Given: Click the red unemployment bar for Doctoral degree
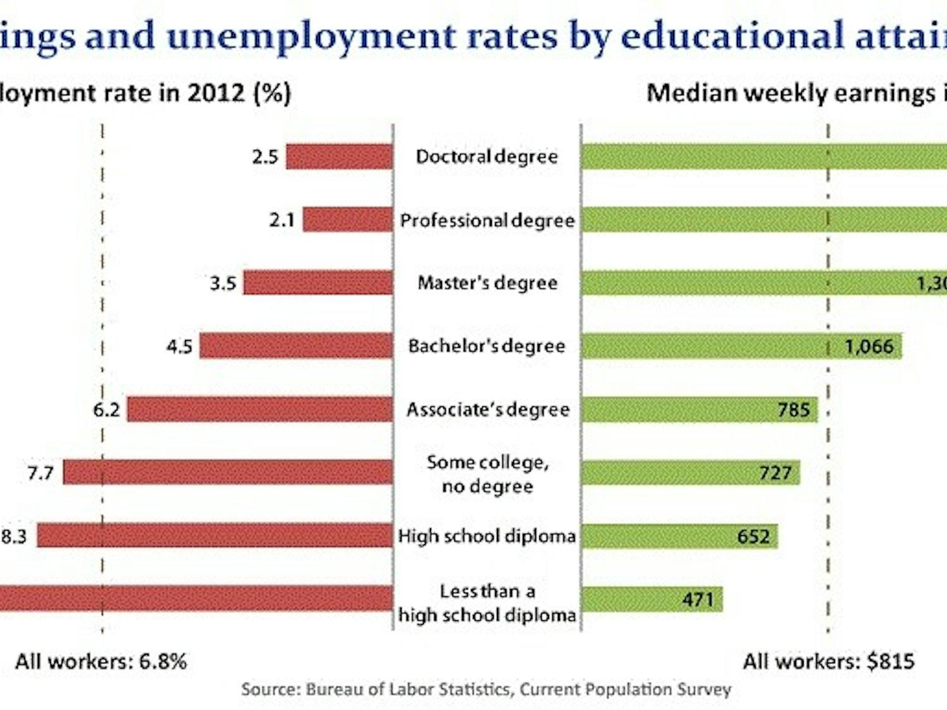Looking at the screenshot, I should (339, 157).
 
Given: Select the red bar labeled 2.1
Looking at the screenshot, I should (347, 220).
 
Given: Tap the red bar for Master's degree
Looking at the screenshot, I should (318, 283).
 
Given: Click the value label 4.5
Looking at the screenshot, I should (179, 346).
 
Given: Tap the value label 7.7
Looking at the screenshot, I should (40, 473).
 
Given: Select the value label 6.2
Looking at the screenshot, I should (106, 410).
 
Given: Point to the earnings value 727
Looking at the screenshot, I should (775, 473).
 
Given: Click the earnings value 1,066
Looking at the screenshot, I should (869, 346).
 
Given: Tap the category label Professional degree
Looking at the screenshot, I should (487, 220).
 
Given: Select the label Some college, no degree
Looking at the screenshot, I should (487, 473).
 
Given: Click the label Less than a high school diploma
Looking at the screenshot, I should (487, 603).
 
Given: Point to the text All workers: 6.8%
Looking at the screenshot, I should (101, 661).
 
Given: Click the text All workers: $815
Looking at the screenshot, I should (828, 661).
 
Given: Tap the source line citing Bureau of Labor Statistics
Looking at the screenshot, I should (485, 689).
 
